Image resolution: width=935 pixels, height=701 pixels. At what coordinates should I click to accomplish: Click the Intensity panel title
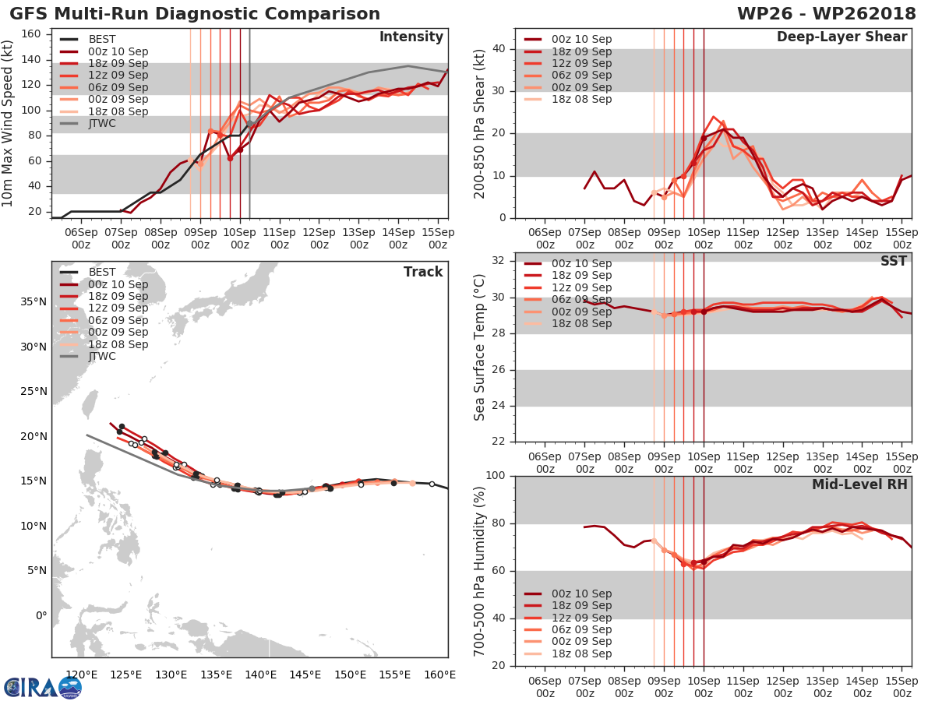411,37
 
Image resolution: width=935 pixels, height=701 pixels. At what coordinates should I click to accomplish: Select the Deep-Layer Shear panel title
841,37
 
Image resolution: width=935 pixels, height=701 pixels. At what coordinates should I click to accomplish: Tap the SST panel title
894,261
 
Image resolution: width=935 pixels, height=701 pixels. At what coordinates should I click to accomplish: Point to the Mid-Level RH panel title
859,484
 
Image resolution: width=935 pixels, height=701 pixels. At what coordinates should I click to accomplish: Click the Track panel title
423,272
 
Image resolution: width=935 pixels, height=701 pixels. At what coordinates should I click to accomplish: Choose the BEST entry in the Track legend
103,272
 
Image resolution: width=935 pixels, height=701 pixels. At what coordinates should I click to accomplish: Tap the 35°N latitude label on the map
31,301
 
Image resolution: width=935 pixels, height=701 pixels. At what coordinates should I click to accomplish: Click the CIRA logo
43,687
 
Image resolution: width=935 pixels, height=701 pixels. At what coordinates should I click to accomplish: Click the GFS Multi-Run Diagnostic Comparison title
195,14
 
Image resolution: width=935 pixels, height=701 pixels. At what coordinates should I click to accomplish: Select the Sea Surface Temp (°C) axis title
480,347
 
